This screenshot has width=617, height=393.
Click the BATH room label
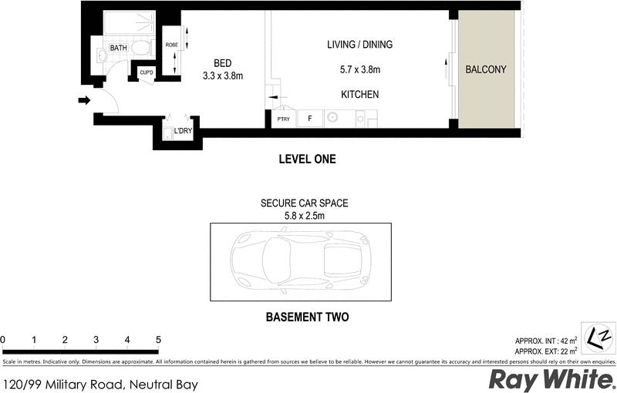118,48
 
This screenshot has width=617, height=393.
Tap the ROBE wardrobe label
172,45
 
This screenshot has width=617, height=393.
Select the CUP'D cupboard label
147,73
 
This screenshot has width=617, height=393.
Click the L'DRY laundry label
183,131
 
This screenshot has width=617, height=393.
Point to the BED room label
223,63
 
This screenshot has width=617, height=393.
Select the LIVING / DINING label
359,45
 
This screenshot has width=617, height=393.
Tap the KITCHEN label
359,95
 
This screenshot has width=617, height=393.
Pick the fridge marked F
309,119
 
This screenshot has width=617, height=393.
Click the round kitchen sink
333,119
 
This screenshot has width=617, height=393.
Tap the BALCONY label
486,69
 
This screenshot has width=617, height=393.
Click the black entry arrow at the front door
84,99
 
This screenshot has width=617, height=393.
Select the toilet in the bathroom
140,48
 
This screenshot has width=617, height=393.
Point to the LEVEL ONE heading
306,160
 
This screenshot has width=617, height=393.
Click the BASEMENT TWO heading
307,317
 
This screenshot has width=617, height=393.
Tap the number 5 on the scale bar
158,340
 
